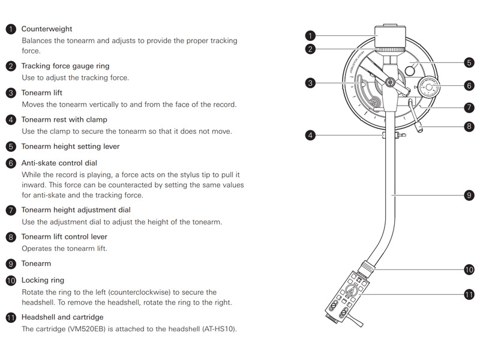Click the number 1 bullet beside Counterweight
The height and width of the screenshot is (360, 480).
tap(11, 29)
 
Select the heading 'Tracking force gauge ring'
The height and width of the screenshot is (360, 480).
tap(65, 66)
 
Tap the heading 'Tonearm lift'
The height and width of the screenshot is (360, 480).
tap(41, 93)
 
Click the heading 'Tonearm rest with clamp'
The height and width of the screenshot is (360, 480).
tap(64, 119)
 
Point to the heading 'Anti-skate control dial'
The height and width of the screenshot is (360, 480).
tap(59, 163)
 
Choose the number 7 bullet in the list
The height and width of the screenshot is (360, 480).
tap(11, 210)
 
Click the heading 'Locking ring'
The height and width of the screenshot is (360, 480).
tap(43, 280)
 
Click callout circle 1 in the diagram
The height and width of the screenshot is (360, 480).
tap(310, 35)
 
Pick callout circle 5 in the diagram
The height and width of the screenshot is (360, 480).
tap(469, 62)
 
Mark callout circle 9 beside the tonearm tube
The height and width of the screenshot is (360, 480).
tap(469, 195)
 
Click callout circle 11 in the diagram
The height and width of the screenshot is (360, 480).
tap(469, 294)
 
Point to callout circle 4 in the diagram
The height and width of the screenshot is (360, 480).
tap(310, 136)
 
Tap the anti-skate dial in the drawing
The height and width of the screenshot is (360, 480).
tap(430, 87)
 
